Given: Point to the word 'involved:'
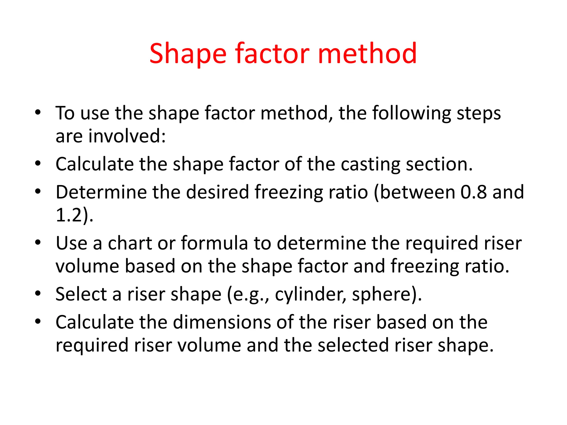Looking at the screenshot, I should coord(127,136).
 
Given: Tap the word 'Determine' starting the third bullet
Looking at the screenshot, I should coord(101,192).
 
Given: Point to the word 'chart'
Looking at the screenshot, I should coord(130,243).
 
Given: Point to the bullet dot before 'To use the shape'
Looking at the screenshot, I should coord(38,112).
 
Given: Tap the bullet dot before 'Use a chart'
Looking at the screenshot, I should coord(38,242).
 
